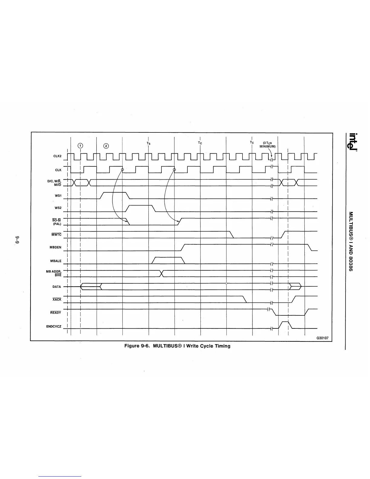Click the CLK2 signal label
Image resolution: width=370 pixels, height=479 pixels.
(x=57, y=157)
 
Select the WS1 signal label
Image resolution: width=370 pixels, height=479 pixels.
(x=58, y=196)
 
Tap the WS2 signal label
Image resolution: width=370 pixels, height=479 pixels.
(x=58, y=208)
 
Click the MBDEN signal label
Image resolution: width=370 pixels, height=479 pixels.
(x=55, y=247)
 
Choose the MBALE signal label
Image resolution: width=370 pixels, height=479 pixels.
(x=56, y=261)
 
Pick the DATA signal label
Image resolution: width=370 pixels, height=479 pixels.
(x=57, y=287)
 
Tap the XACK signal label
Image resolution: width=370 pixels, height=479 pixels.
(x=57, y=300)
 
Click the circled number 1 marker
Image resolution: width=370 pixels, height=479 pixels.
(x=80, y=145)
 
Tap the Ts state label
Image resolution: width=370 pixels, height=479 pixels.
(x=148, y=143)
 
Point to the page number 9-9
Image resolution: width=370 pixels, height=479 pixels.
(x=17, y=238)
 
